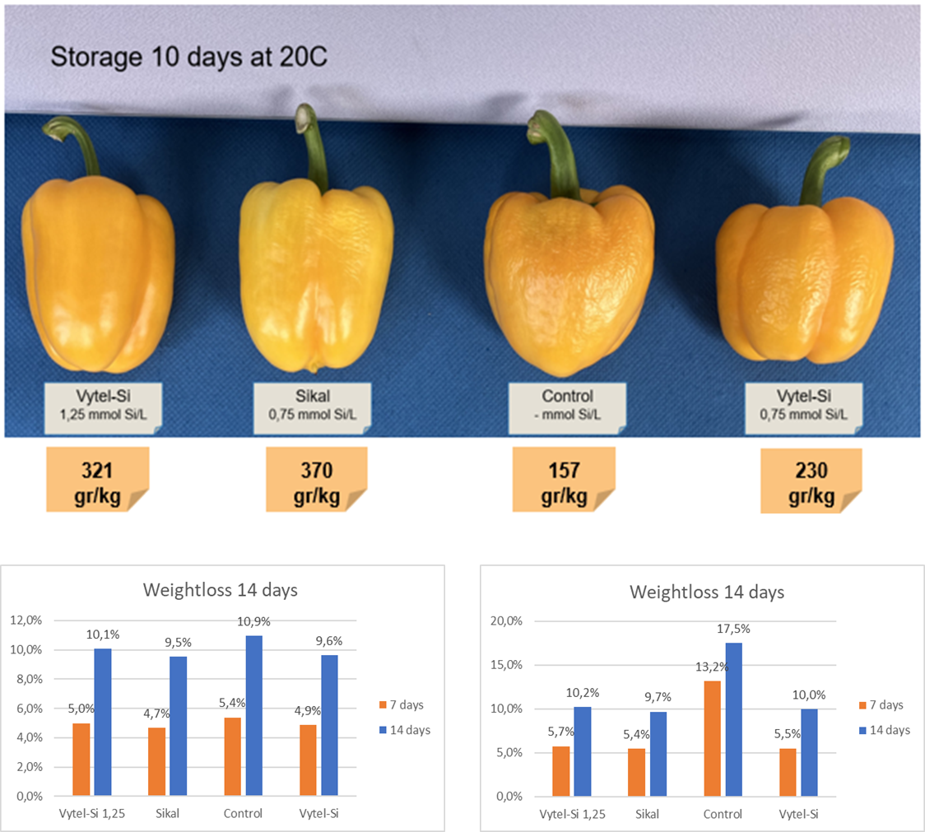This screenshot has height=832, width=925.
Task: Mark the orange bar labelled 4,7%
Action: (156, 761)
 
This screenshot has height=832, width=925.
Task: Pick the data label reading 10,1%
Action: (103, 634)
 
